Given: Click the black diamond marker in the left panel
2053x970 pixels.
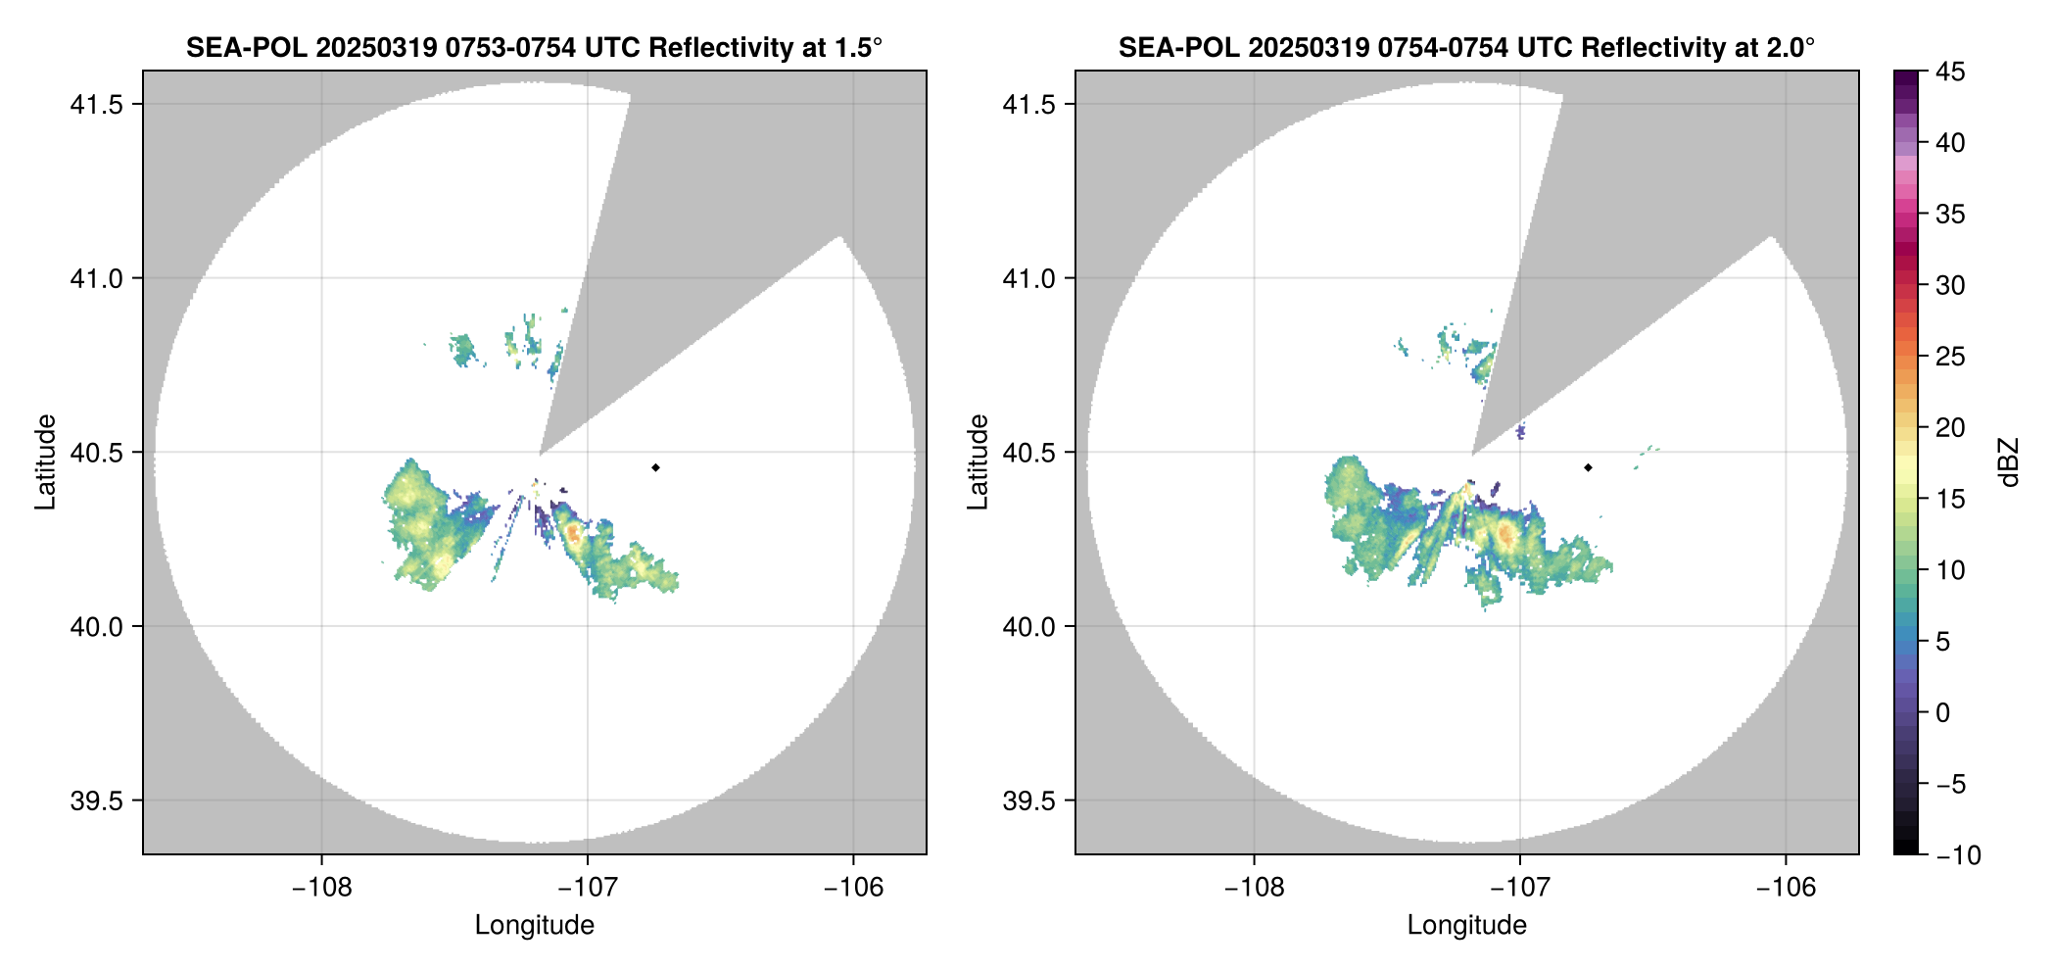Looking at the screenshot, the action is click(x=655, y=467).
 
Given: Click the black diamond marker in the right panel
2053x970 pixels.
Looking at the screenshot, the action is click(x=1588, y=467).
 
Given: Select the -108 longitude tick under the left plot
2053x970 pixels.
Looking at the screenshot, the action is click(x=321, y=888).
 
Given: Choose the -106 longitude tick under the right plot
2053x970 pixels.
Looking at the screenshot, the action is click(x=1786, y=888).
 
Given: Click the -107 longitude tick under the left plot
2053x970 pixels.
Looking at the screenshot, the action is click(x=587, y=888).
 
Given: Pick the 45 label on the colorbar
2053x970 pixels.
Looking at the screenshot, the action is click(x=1950, y=72).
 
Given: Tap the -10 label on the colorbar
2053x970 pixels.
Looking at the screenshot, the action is click(x=1958, y=855).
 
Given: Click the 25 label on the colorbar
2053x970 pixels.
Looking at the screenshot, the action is click(x=1950, y=357).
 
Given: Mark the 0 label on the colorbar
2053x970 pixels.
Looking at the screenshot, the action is click(x=1943, y=712).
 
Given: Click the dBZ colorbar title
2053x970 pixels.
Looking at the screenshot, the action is click(x=2010, y=462).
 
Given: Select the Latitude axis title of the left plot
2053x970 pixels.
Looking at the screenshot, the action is click(x=45, y=461).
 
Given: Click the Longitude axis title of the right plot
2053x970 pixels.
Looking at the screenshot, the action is click(x=1466, y=925).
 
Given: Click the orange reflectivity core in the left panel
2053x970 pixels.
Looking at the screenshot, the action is click(x=574, y=534).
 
